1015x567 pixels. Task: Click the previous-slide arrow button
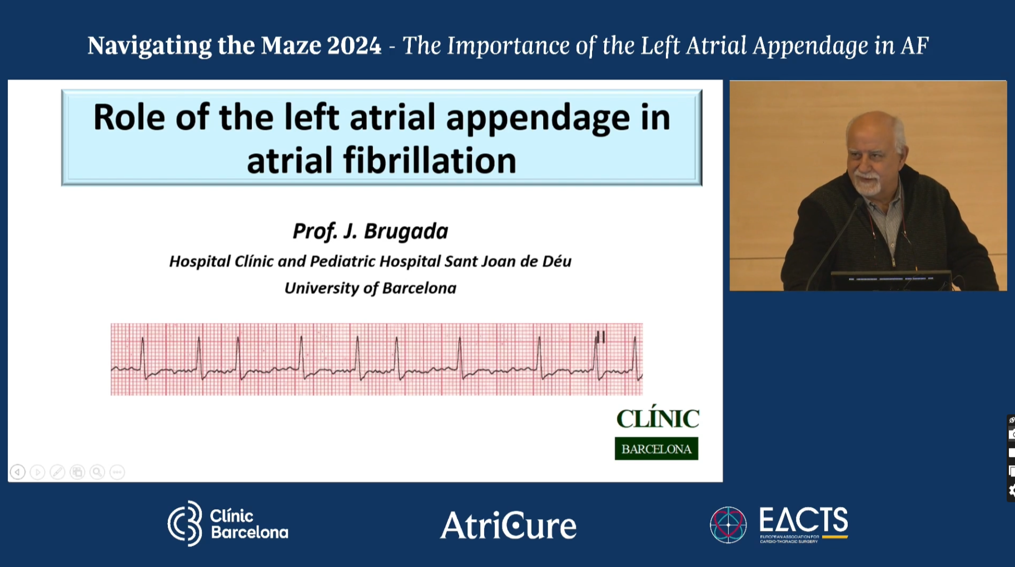[18, 472]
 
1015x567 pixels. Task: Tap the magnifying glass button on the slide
[97, 472]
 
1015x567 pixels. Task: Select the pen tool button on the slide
[57, 472]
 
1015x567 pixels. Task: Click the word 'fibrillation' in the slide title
[429, 161]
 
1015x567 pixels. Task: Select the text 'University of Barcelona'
[370, 288]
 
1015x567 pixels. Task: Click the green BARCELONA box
[656, 449]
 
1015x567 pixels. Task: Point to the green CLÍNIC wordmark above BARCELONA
[658, 419]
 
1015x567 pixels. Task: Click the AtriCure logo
[508, 525]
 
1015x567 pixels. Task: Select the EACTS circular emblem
[728, 524]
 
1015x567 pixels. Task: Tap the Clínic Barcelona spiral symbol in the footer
[185, 523]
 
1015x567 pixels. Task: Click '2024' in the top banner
[354, 46]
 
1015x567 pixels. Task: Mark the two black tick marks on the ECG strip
[600, 337]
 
